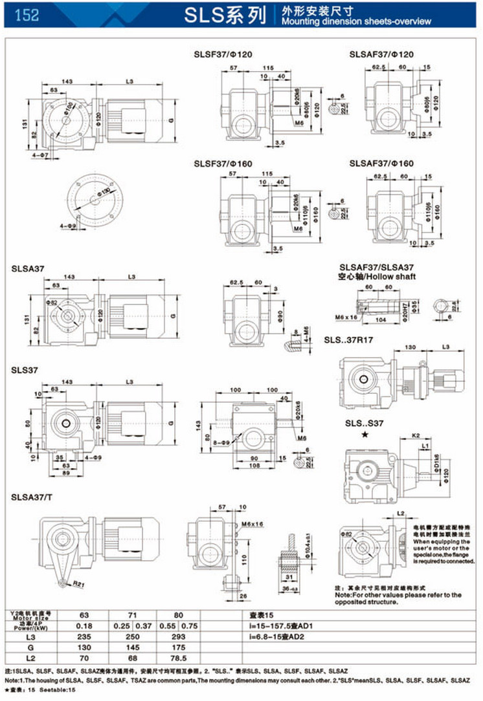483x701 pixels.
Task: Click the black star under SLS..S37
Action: (x=366, y=437)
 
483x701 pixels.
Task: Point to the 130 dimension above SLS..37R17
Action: (x=409, y=348)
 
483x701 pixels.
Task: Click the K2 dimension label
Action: (x=416, y=437)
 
